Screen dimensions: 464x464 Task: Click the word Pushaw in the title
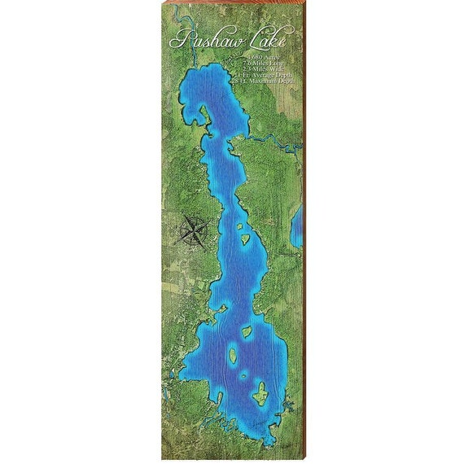tap(202, 40)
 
